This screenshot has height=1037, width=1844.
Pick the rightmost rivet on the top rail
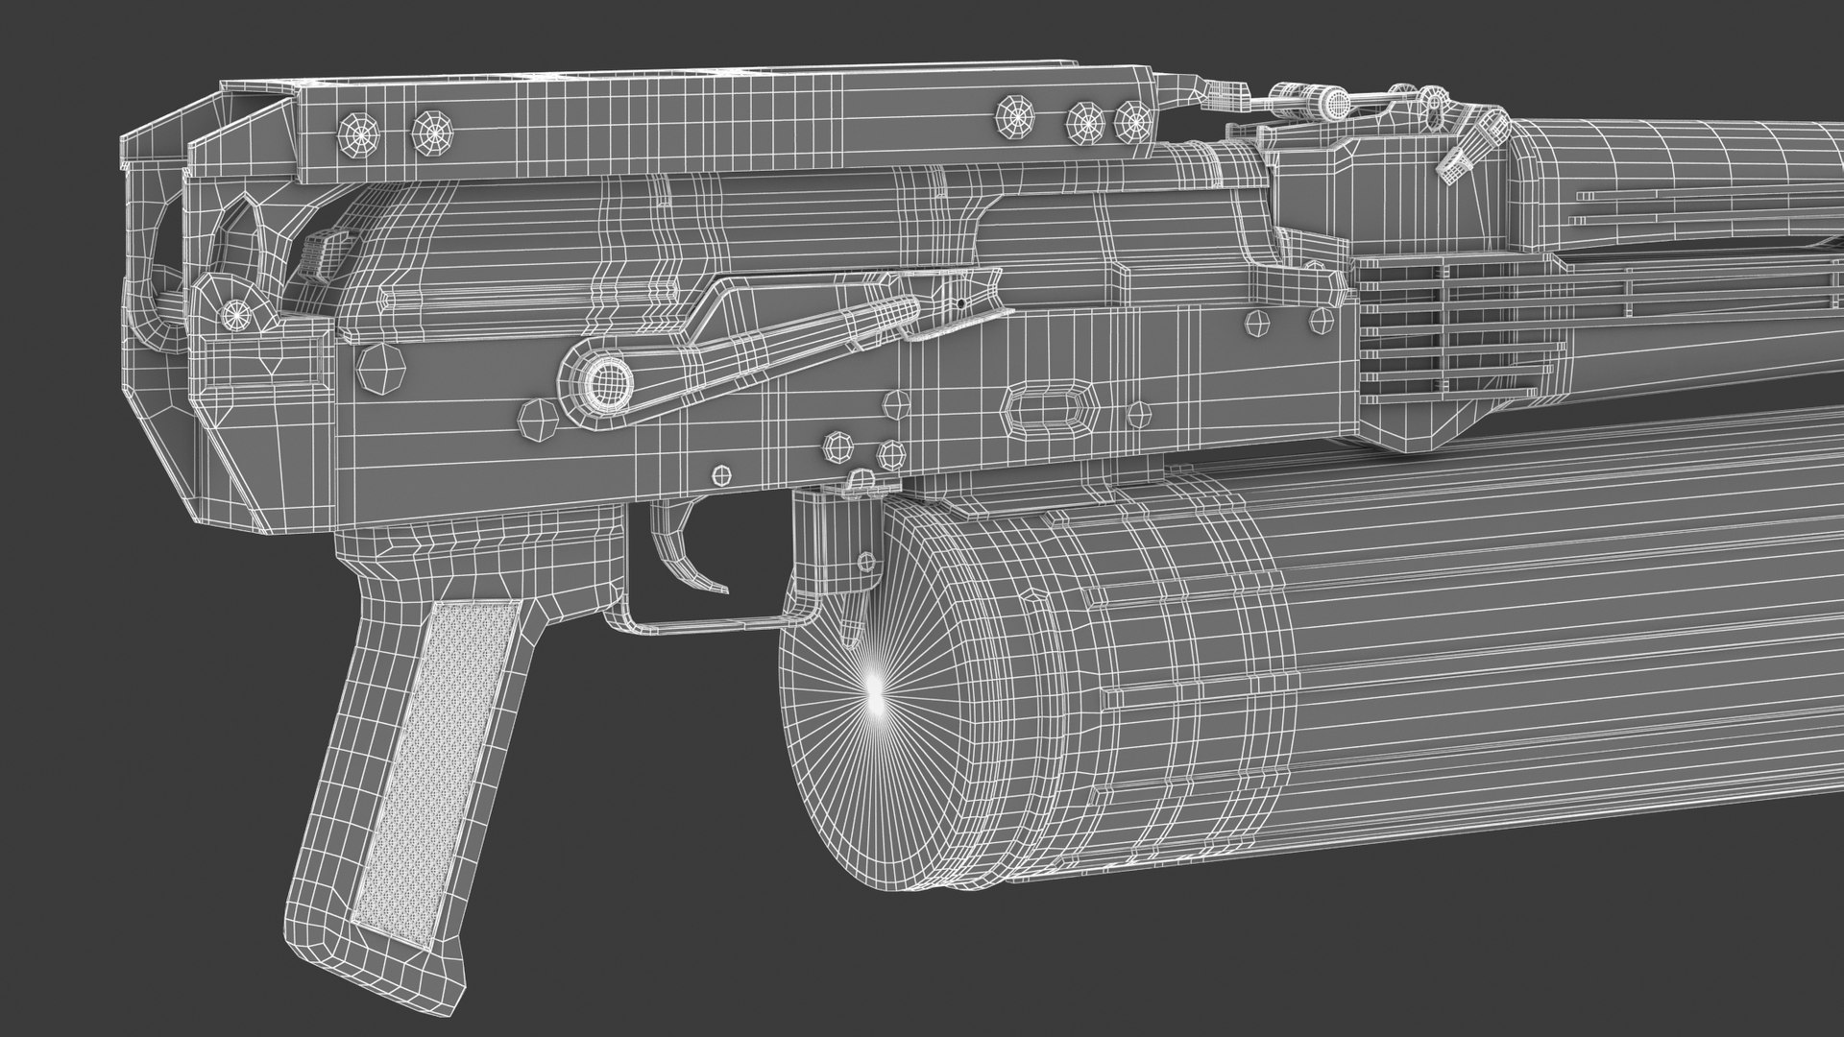[1134, 121]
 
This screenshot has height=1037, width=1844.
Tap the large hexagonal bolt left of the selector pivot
[382, 368]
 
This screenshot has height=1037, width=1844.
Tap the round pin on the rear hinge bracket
[233, 313]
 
